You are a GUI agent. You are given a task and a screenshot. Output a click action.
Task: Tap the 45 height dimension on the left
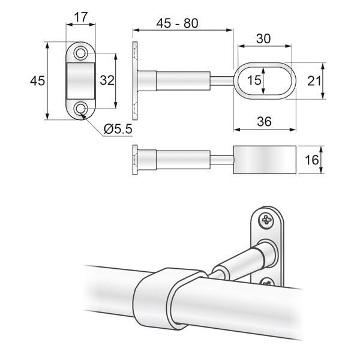coord(37,80)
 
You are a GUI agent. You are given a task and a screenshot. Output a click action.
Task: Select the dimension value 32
coord(107,80)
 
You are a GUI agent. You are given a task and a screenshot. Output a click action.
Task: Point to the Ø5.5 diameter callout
coord(117,128)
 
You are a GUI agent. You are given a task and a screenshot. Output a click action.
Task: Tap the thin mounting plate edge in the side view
coord(133,80)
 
